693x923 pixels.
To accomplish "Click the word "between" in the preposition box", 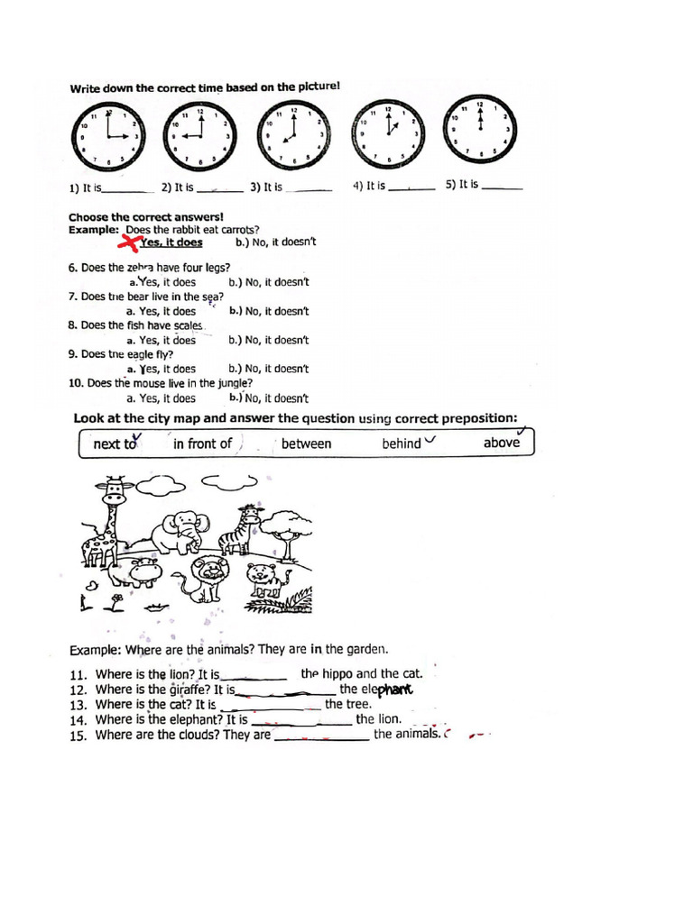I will (x=306, y=443).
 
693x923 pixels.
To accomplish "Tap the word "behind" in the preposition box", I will (x=402, y=443).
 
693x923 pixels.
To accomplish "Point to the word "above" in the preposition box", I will (x=501, y=443).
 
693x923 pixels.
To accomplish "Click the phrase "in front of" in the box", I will (x=202, y=443).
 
